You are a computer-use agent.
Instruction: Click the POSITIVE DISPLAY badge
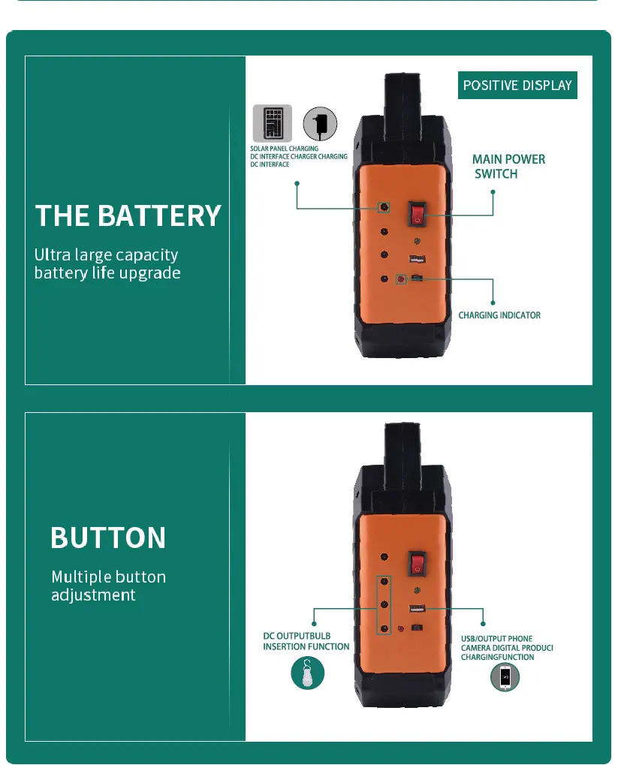coord(517,86)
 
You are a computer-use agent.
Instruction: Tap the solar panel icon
coord(273,123)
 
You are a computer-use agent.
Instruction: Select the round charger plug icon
coord(320,123)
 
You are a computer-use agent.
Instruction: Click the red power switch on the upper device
coord(417,214)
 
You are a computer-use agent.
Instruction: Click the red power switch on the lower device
coord(417,562)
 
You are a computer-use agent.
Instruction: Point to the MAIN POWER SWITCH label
coord(508,167)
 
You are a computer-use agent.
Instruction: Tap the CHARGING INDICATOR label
coord(499,315)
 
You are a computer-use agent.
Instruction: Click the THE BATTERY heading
coord(128,215)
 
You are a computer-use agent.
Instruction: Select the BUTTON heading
coord(108,538)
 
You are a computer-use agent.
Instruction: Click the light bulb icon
coord(308,673)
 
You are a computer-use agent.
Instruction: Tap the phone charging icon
coord(505,676)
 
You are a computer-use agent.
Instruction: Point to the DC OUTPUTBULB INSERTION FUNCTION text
coord(306,641)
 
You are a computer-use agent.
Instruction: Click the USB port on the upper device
coord(417,258)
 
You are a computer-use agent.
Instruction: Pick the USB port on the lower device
coord(417,608)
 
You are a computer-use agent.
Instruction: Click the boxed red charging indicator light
coord(401,279)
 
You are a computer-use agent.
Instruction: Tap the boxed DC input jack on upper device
coord(384,207)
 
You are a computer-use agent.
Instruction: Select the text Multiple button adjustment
coord(108,586)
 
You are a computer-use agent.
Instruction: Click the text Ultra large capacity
coord(106,254)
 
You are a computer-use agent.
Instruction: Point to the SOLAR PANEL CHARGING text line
coord(284,149)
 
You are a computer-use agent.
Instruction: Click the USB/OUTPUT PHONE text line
coord(496,639)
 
